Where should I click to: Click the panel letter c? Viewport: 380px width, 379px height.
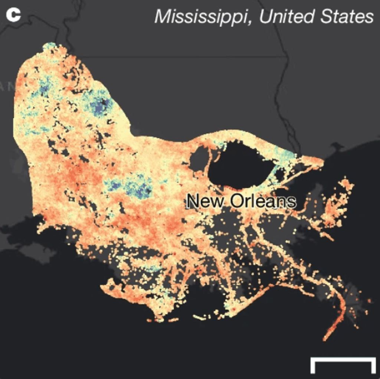point(13,15)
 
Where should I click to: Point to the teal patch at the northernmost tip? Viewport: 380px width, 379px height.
point(49,46)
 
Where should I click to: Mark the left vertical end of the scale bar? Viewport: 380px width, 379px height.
point(313,366)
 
